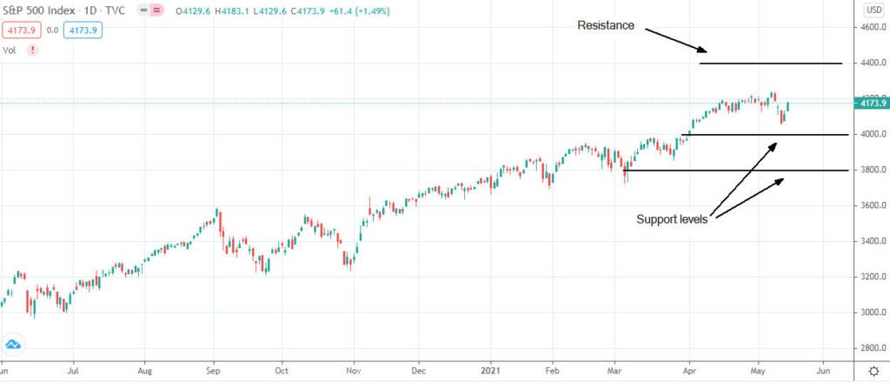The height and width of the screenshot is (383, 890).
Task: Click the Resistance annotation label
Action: [x=606, y=26]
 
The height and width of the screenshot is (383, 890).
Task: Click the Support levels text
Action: [x=672, y=219]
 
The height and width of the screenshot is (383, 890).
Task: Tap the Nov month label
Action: [x=352, y=370]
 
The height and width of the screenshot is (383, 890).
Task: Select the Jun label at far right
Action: [x=823, y=370]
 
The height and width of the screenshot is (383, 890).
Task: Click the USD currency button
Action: [x=873, y=10]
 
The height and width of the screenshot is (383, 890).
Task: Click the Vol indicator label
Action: [x=10, y=50]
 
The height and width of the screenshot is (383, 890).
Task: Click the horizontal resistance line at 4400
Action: [x=770, y=64]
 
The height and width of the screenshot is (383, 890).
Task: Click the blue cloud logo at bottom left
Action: [x=13, y=343]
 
